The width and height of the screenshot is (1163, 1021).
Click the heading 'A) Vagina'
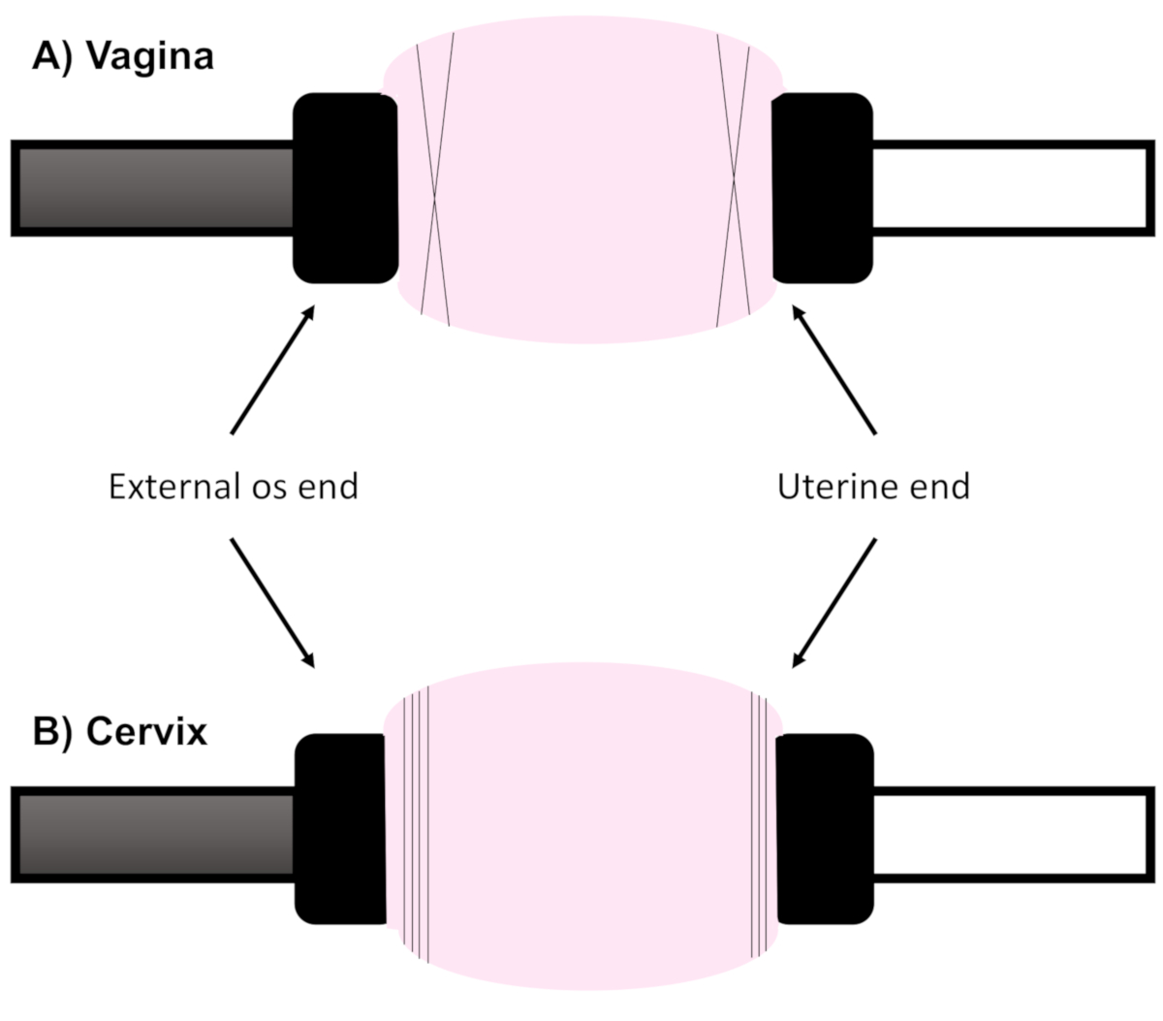click(x=123, y=56)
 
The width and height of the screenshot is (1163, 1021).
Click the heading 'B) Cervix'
click(x=120, y=731)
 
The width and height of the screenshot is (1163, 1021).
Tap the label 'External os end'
click(x=234, y=486)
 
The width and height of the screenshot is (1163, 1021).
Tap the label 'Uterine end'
click(x=873, y=486)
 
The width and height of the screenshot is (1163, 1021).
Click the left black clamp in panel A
click(x=344, y=188)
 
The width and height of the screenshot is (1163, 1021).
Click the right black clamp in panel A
click(x=822, y=188)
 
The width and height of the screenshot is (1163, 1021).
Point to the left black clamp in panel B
click(x=341, y=829)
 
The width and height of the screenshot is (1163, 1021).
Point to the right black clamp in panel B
click(x=825, y=829)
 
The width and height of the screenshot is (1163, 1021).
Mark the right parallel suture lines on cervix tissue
click(x=759, y=824)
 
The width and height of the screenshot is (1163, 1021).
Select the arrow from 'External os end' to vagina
click(x=272, y=370)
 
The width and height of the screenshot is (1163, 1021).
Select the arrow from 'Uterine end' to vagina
click(x=834, y=370)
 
